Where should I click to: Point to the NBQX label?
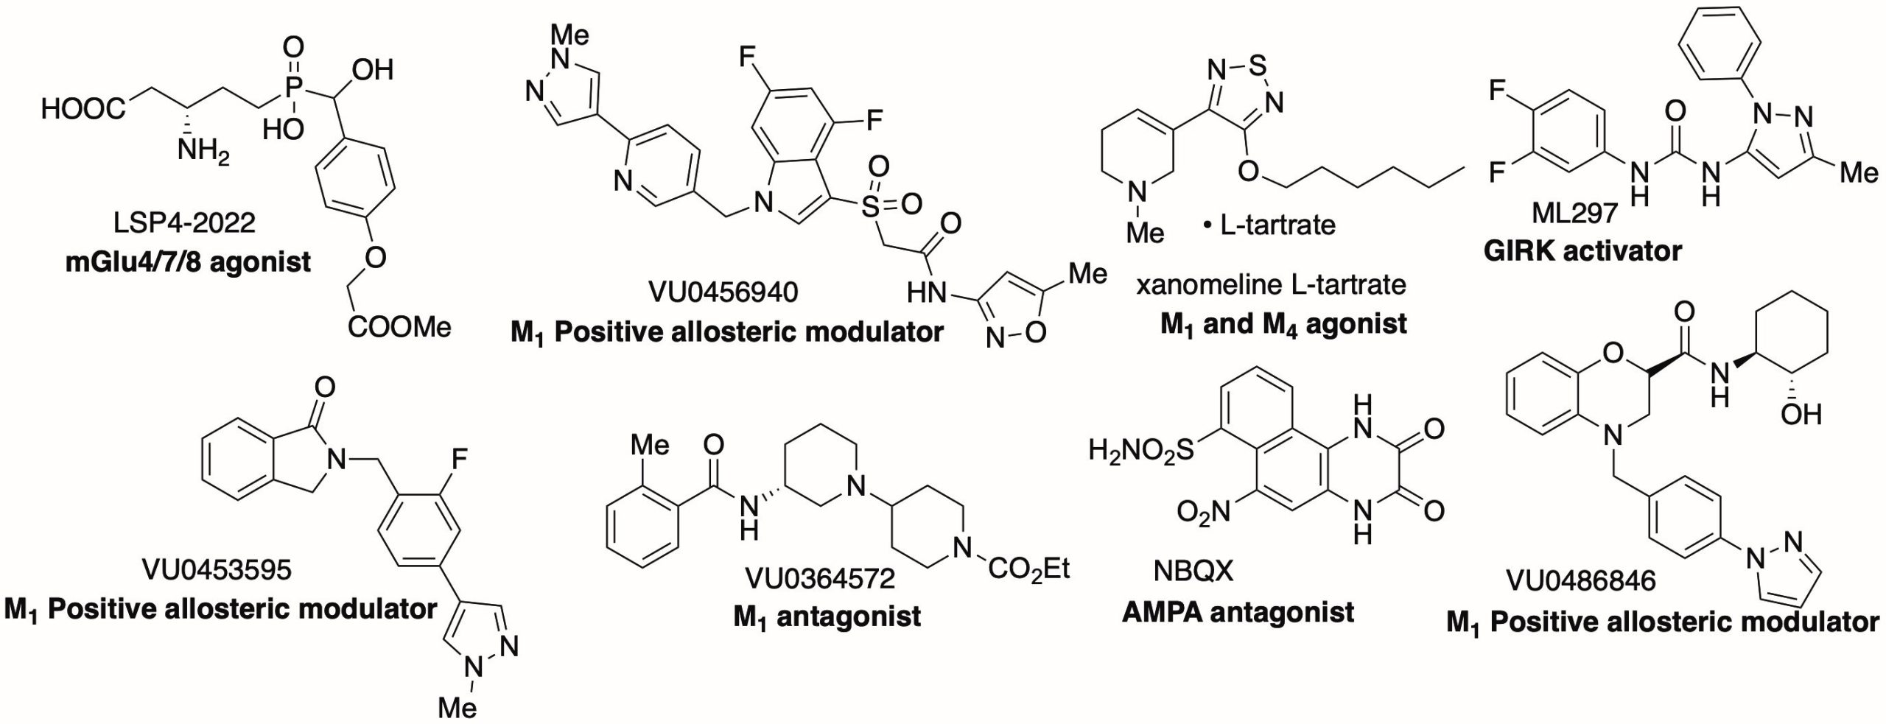click(1193, 571)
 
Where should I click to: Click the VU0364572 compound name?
click(820, 578)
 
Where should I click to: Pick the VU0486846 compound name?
click(1580, 581)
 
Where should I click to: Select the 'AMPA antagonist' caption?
click(1238, 612)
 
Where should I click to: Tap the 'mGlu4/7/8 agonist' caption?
click(188, 261)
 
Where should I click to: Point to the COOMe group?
click(399, 326)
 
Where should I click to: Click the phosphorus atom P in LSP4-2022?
click(293, 88)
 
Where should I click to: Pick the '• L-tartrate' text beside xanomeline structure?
click(1269, 225)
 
